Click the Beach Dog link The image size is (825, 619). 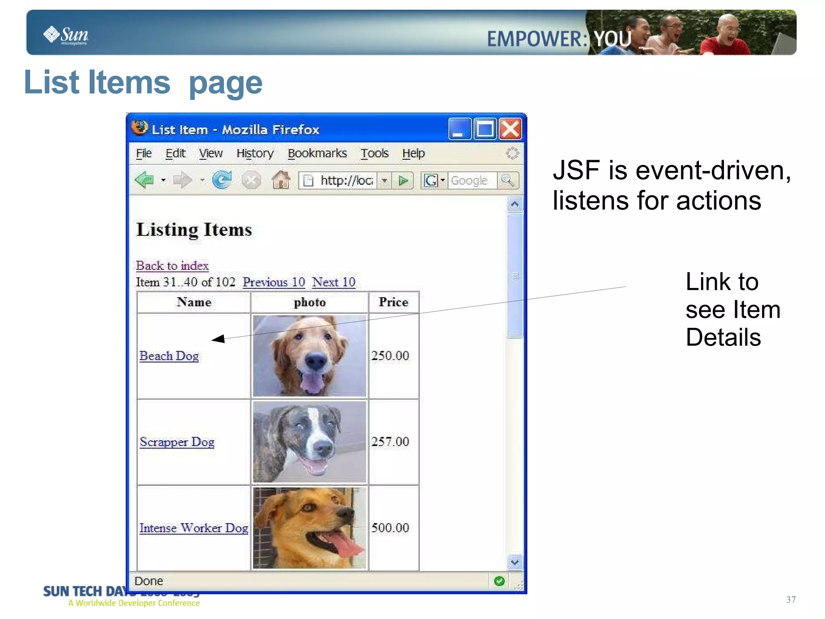click(169, 356)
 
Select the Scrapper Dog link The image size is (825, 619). click(177, 442)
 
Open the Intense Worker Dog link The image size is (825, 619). click(193, 528)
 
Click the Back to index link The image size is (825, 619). click(172, 266)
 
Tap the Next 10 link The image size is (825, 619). click(334, 282)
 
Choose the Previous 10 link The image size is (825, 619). click(274, 282)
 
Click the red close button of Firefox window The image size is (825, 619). click(510, 129)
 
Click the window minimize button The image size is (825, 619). click(459, 129)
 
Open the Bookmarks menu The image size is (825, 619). click(317, 153)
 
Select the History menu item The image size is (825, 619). click(255, 153)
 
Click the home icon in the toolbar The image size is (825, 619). click(281, 180)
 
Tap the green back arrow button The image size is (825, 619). click(144, 180)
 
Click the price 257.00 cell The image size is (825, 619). click(390, 442)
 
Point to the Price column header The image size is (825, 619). click(393, 302)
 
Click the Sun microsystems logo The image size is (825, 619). click(66, 35)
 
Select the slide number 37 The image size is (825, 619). click(791, 600)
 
